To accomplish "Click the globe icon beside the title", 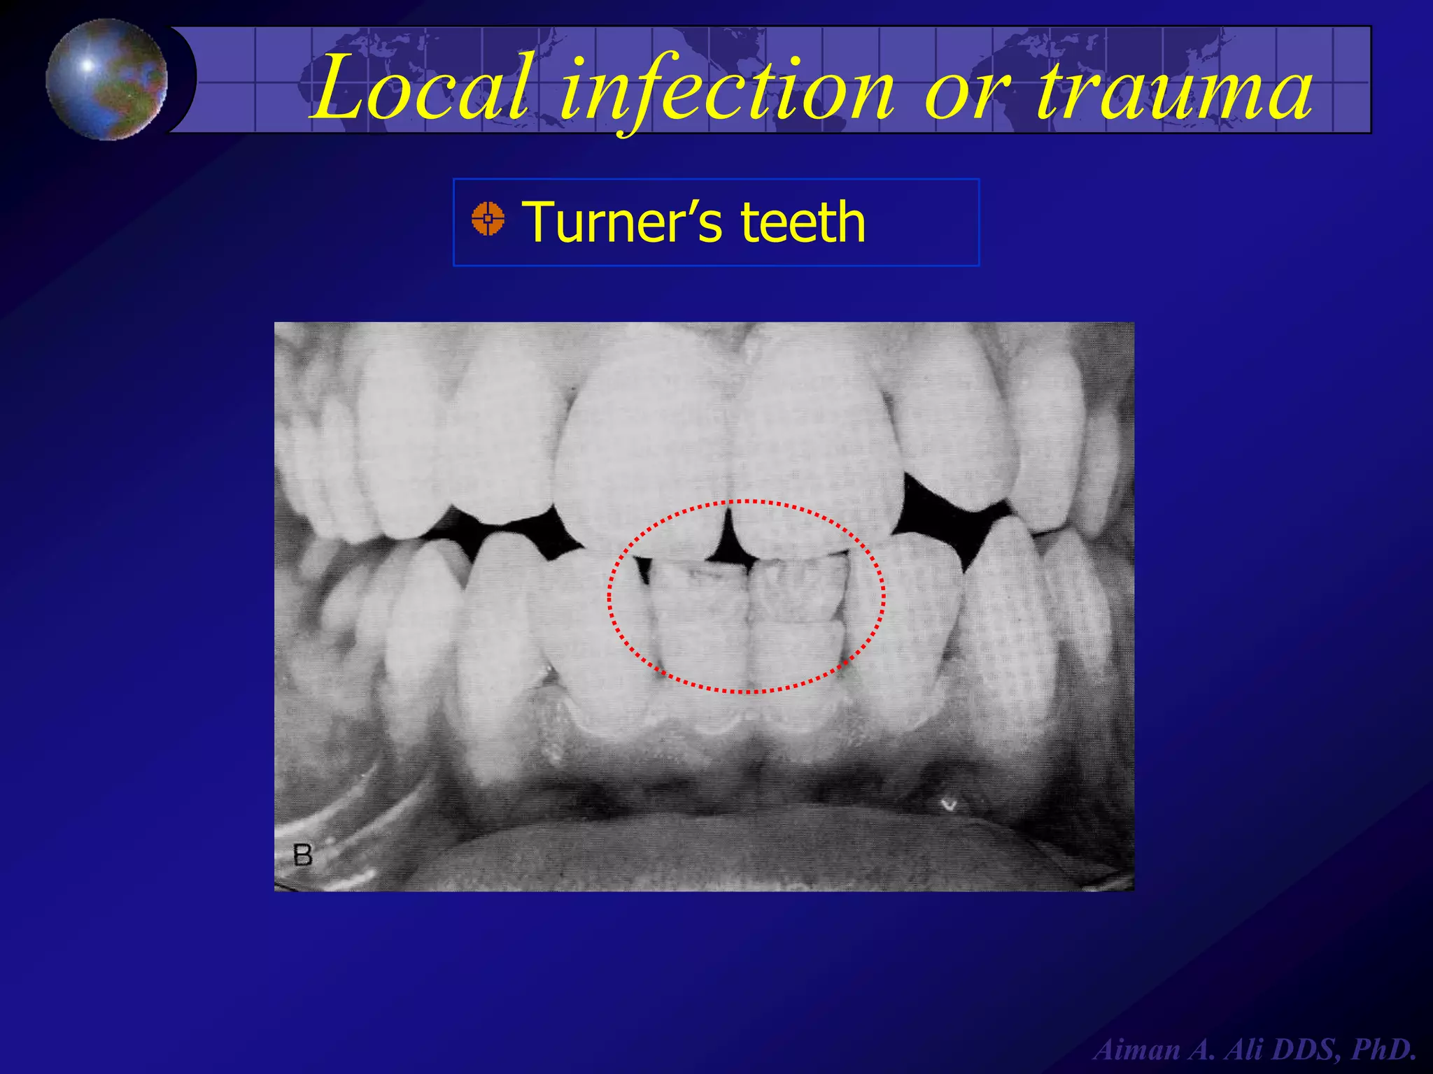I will [x=106, y=79].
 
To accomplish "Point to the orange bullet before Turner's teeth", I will [x=488, y=219].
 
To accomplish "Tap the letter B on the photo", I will [x=302, y=855].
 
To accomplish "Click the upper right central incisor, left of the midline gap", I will [x=644, y=461].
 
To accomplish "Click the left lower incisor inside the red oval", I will [x=700, y=615].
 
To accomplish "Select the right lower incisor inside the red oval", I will [x=798, y=615].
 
